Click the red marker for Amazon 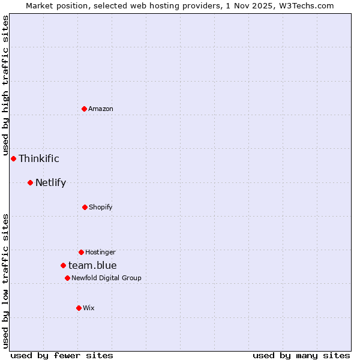coord(84,109)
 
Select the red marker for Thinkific coord(13,158)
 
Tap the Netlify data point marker coord(30,182)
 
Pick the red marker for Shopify coord(85,207)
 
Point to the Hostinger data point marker coord(81,252)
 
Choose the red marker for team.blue coord(63,265)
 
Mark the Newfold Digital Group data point coord(67,278)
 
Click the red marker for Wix coord(79,308)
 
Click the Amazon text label coord(101,109)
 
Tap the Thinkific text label coord(39,158)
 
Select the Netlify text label coord(50,182)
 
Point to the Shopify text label coord(101,207)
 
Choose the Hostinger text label coord(100,252)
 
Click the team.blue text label coord(92,265)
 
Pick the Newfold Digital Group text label coord(106,278)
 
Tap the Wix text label coord(89,308)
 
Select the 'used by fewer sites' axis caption coord(62,355)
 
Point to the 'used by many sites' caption coord(301,355)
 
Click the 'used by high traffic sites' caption coord(5,86)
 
